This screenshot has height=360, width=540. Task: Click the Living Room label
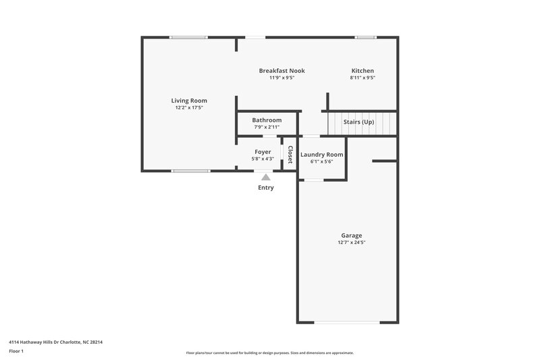[189, 101]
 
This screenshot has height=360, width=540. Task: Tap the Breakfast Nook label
[281, 71]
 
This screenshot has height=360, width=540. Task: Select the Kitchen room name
[362, 71]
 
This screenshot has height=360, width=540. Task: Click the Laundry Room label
[321, 155]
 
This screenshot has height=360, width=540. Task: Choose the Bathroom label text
[267, 120]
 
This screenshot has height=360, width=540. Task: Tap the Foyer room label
[263, 152]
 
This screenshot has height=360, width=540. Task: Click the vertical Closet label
[290, 155]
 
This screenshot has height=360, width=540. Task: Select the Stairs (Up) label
[359, 122]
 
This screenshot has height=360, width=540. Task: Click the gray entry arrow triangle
[266, 177]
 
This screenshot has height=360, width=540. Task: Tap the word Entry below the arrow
[266, 188]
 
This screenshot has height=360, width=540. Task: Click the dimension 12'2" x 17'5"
[189, 107]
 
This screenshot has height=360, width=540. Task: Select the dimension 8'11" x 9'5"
[362, 78]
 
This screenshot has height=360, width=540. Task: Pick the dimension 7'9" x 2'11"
[267, 127]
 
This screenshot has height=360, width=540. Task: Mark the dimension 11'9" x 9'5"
[281, 78]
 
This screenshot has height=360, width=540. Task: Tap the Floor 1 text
[16, 351]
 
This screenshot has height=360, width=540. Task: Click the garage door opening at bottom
[348, 323]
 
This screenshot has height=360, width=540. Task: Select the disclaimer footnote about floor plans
[270, 353]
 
